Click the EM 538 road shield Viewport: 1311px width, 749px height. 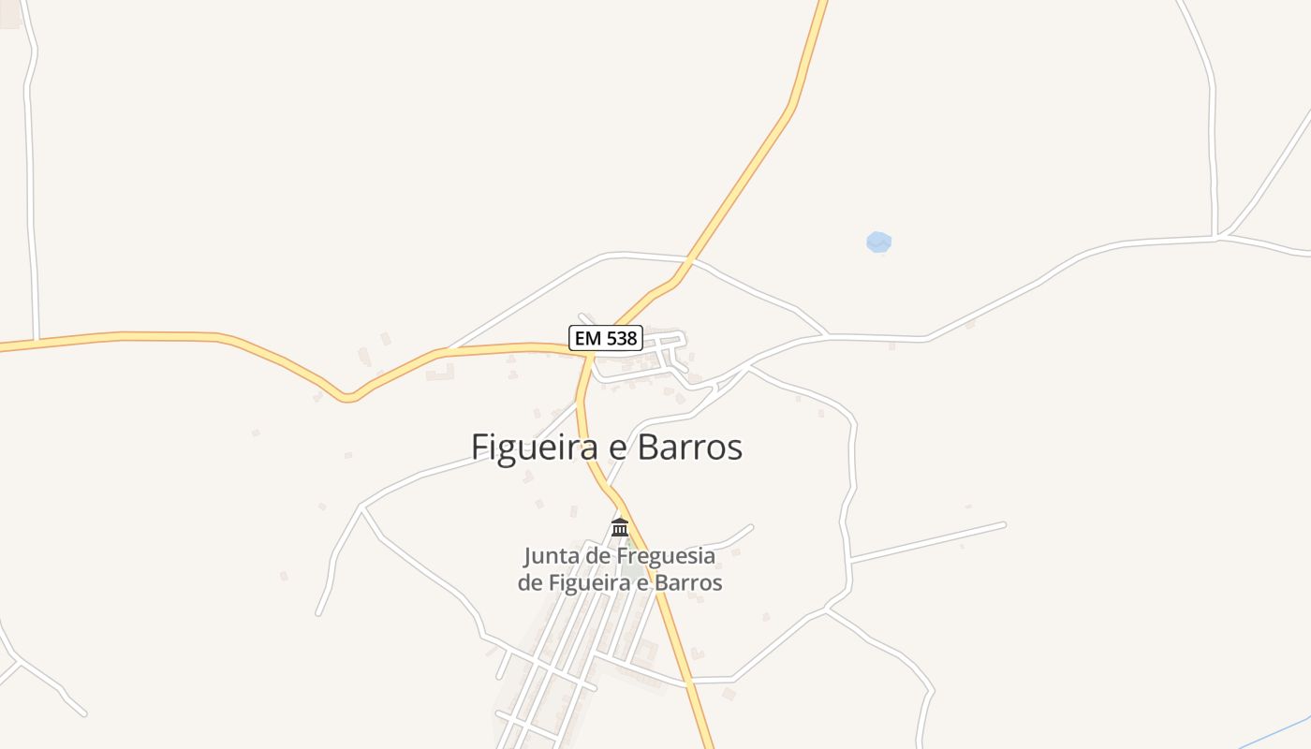(606, 338)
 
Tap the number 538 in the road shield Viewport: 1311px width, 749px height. (620, 338)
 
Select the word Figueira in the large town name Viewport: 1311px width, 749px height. (535, 448)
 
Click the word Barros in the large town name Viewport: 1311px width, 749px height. (689, 448)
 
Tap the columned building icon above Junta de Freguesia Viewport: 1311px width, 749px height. (620, 528)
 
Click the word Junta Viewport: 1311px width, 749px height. (552, 556)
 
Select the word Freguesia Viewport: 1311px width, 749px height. (668, 556)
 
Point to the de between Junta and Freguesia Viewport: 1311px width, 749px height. (600, 556)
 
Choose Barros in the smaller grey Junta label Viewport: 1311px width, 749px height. (689, 582)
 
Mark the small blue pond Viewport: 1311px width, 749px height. (878, 242)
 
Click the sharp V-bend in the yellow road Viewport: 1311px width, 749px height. (347, 398)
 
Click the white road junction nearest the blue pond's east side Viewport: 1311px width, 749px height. (1216, 237)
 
